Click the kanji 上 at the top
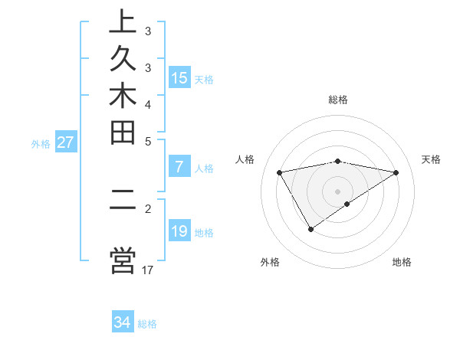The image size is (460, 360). pos(123,23)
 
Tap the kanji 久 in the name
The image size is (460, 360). pos(123,61)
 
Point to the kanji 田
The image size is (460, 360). pos(123,133)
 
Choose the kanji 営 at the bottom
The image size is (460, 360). pos(123,259)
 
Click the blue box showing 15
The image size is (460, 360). pos(179,77)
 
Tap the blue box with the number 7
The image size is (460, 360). pos(179,167)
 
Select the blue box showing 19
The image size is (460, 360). pos(179,231)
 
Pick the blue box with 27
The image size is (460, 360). pos(66,142)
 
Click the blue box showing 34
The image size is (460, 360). pos(123,322)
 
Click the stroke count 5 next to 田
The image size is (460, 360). pos(148,141)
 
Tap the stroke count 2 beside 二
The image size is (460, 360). pos(148,208)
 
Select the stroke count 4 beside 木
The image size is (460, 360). pos(148,104)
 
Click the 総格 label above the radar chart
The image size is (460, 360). pos(338,100)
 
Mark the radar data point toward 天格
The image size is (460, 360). pos(396,172)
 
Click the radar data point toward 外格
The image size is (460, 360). pos(310,229)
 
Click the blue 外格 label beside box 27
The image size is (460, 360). pos(41,142)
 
